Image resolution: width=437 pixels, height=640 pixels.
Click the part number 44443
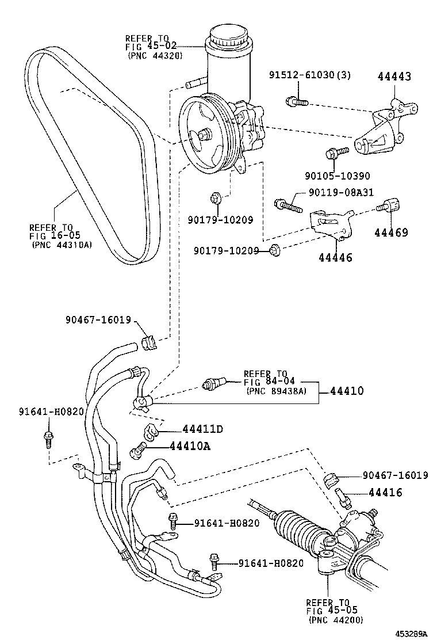click(394, 77)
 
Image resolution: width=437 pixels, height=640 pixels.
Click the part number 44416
click(385, 493)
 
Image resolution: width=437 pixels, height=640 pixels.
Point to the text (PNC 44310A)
click(62, 244)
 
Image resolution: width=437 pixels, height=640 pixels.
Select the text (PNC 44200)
click(335, 619)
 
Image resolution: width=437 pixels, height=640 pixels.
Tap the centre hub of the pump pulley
click(204, 135)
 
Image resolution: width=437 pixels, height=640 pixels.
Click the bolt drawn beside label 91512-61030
click(295, 102)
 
